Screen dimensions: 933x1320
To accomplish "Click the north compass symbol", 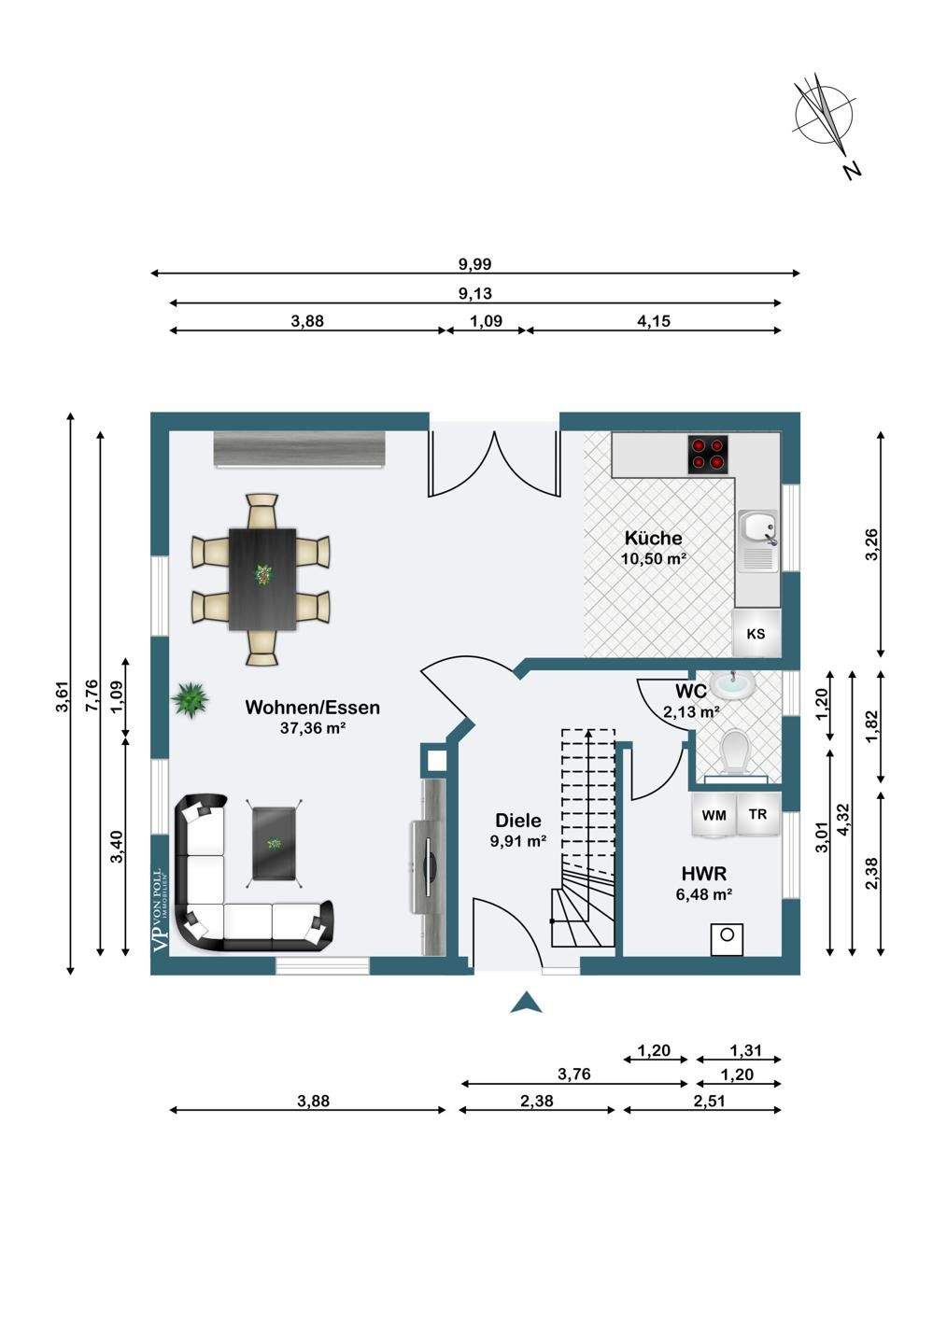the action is point(824,117).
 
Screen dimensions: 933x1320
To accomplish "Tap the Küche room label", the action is point(653,538).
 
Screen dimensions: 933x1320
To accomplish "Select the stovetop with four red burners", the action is point(708,453).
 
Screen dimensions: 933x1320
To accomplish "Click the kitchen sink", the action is point(757,541).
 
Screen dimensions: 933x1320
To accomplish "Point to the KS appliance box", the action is point(756,634).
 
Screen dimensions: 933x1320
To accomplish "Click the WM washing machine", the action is point(714,815).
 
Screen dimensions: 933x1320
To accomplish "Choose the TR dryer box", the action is point(757,814).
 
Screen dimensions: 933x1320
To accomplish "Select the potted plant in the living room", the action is point(191,697).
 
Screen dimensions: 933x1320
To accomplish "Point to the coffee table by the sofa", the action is point(275,842).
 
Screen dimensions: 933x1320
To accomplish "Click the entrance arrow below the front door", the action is point(527,1003).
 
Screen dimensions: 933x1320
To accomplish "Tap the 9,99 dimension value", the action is point(474,264).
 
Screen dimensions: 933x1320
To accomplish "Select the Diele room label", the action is point(518,821).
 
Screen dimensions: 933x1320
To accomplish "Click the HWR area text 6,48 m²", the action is point(703,894).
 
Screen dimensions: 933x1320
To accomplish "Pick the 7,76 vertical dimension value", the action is point(91,695).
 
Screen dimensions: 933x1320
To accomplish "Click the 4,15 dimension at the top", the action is point(654,321).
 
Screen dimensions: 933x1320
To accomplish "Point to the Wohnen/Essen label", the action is point(312,708).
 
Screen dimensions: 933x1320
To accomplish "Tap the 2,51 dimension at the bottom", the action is point(709,1101).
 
